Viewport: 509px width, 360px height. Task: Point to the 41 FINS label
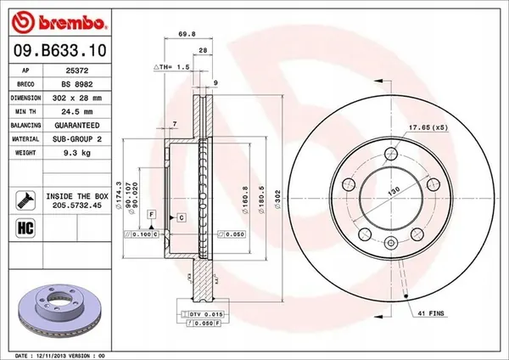432,315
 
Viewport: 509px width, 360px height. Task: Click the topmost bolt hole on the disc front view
390,154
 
